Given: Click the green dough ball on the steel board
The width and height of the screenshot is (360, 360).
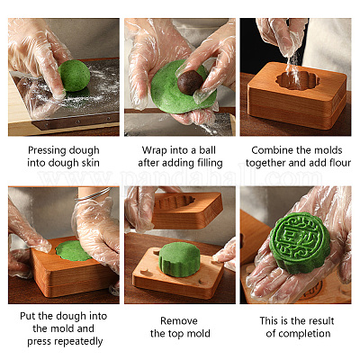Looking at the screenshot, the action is (x=74, y=76).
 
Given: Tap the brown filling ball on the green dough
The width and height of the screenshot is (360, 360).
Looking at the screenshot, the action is (x=190, y=82).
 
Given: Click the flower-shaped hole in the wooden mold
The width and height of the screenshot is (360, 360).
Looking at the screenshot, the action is (x=298, y=80).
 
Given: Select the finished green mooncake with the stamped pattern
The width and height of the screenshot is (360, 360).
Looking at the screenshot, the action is (x=300, y=242).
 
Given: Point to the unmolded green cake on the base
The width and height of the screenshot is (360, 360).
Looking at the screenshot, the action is (x=179, y=259).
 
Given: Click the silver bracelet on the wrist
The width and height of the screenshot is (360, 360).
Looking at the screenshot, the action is (x=94, y=194).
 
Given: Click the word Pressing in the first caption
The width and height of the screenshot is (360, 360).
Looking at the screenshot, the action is (x=46, y=150).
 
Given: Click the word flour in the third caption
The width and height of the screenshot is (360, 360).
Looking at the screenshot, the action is (x=339, y=163).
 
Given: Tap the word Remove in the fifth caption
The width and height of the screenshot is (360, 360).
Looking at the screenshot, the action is (x=179, y=320).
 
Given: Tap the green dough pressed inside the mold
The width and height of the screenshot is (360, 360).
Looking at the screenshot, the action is (x=74, y=250).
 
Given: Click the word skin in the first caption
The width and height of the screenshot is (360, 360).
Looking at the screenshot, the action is (x=90, y=163).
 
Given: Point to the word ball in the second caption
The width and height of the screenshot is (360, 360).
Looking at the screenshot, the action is (x=208, y=150).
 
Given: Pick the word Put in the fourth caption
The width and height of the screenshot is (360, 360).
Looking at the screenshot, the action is (x=28, y=316).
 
